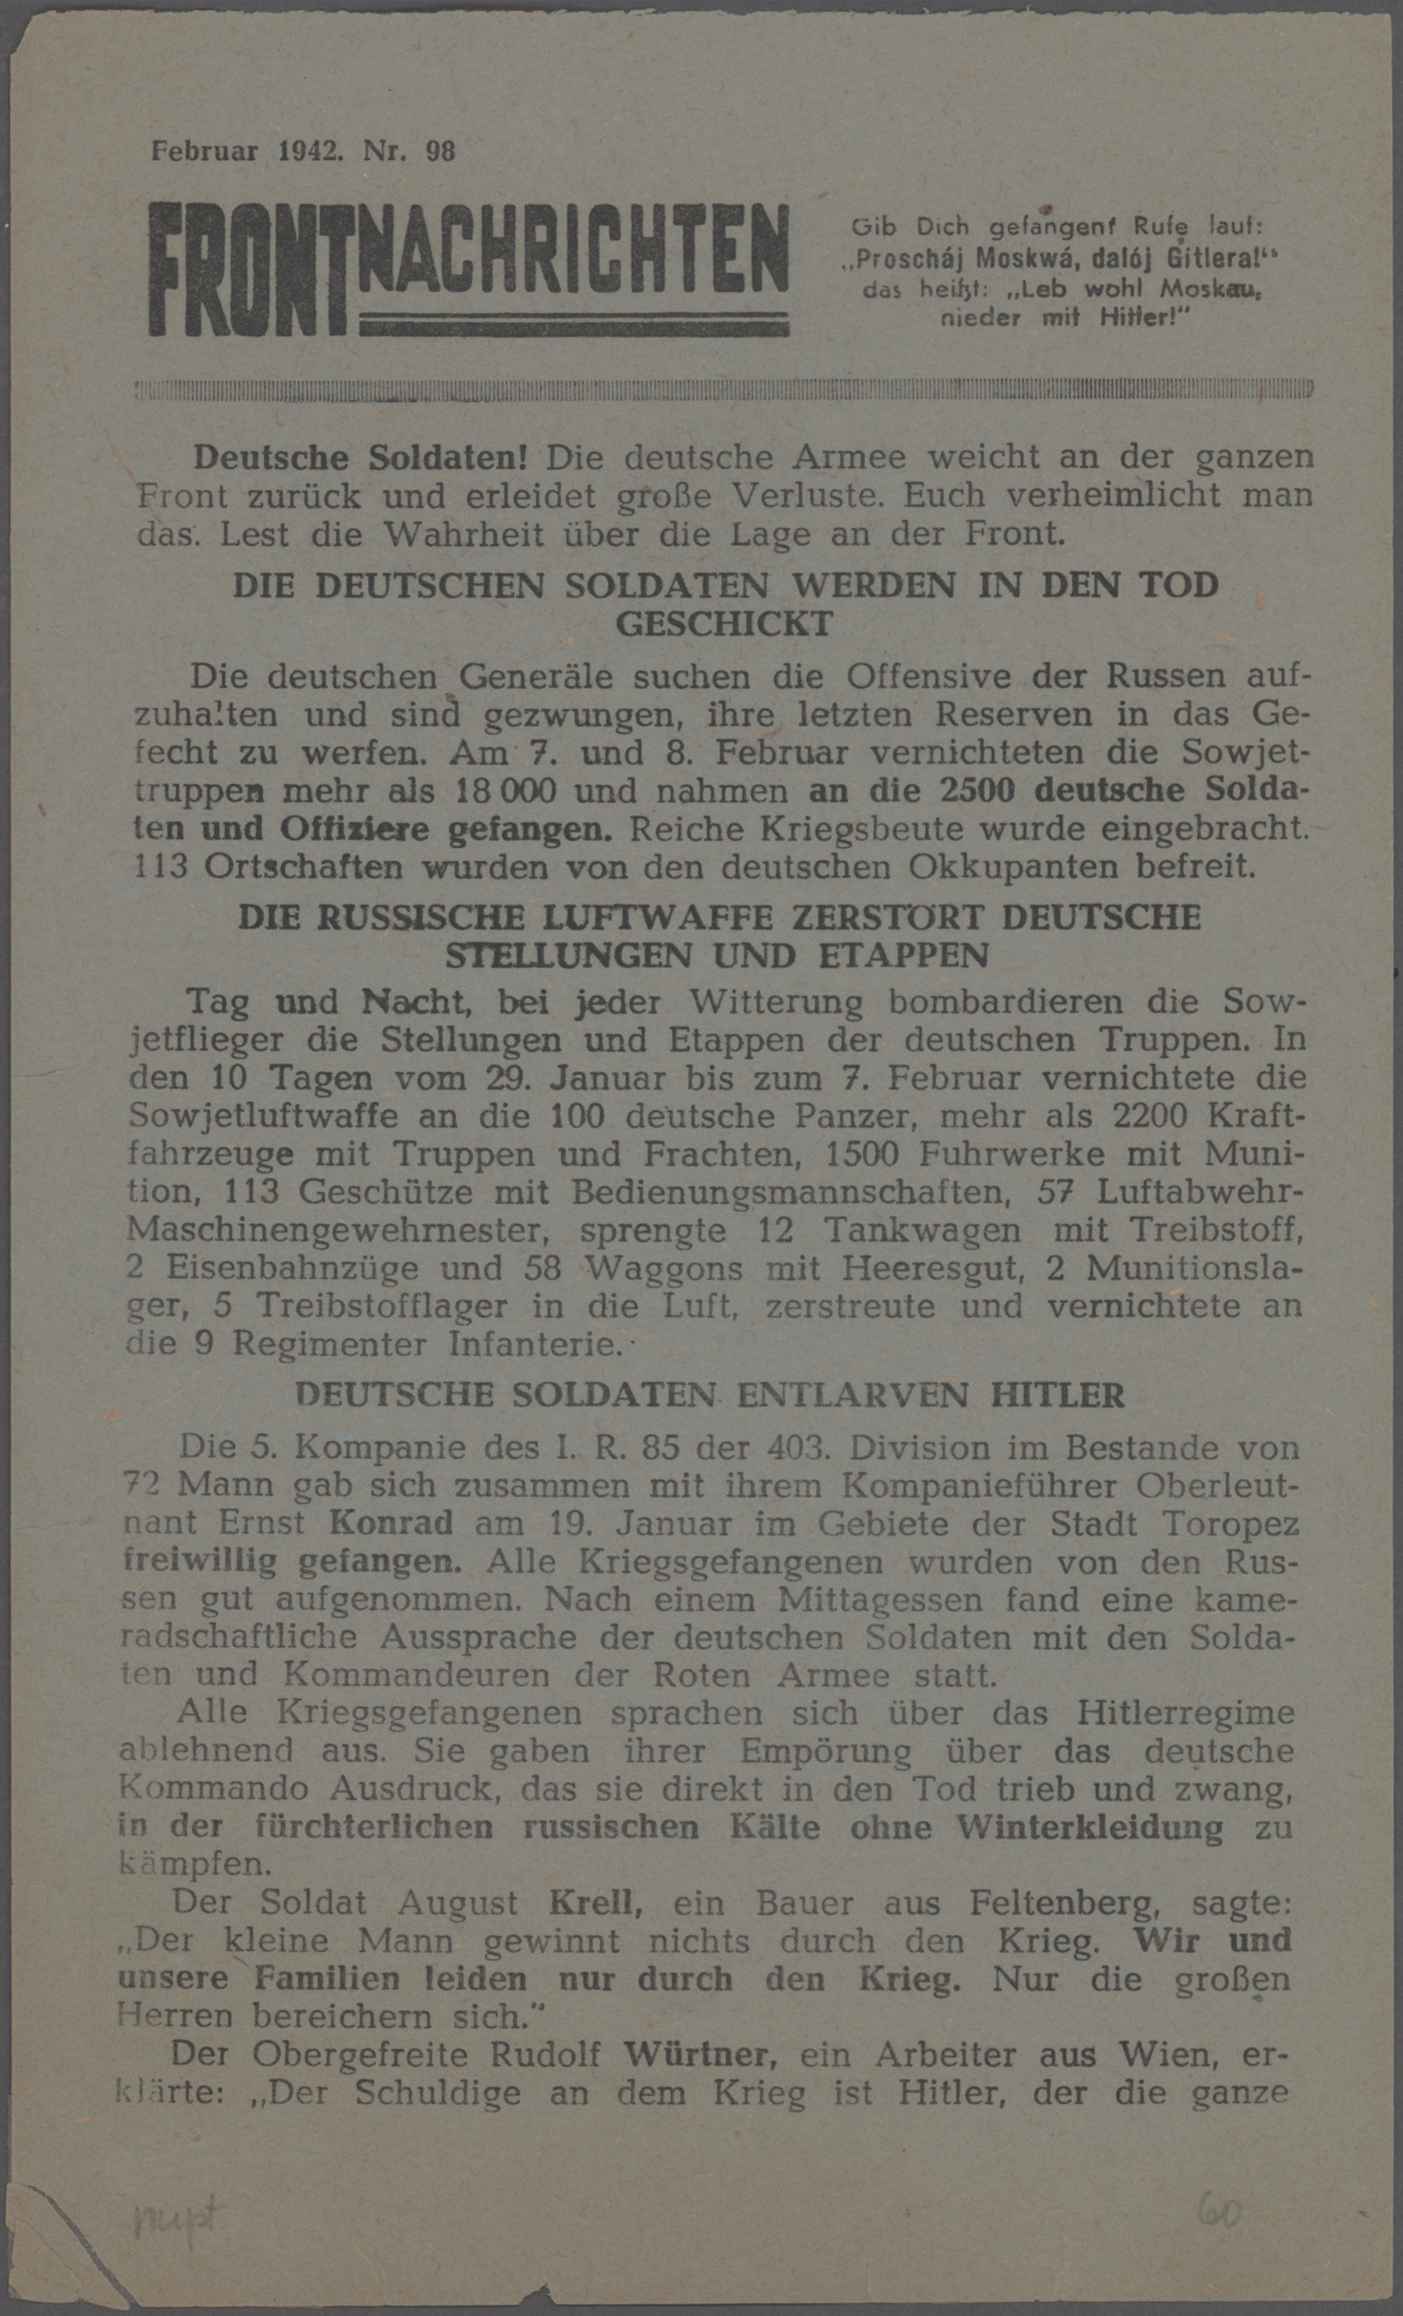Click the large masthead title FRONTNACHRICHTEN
coord(468,268)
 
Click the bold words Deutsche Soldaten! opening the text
coord(360,458)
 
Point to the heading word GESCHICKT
coord(724,623)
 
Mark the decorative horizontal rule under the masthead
coord(724,388)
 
